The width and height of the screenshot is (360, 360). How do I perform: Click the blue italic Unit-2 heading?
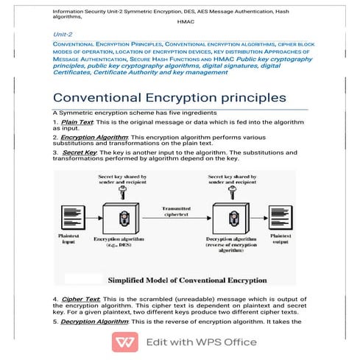coord(63,35)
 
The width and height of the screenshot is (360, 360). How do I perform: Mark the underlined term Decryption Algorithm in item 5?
coord(97,322)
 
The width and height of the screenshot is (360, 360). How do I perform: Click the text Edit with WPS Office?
coord(200,342)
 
